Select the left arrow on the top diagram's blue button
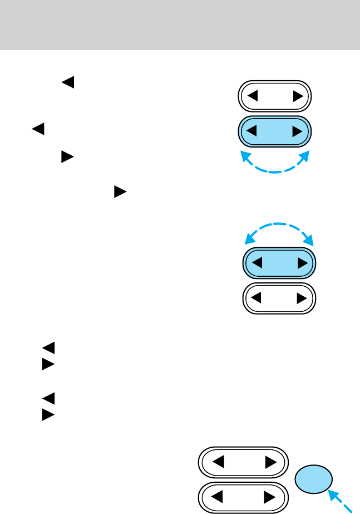tap(253, 132)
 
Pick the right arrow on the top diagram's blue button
tap(298, 132)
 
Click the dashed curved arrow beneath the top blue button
tap(274, 168)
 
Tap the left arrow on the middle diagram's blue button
tap(257, 262)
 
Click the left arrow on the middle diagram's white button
tap(257, 298)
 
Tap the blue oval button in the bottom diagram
tap(315, 481)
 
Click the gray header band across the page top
tap(180, 25)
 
